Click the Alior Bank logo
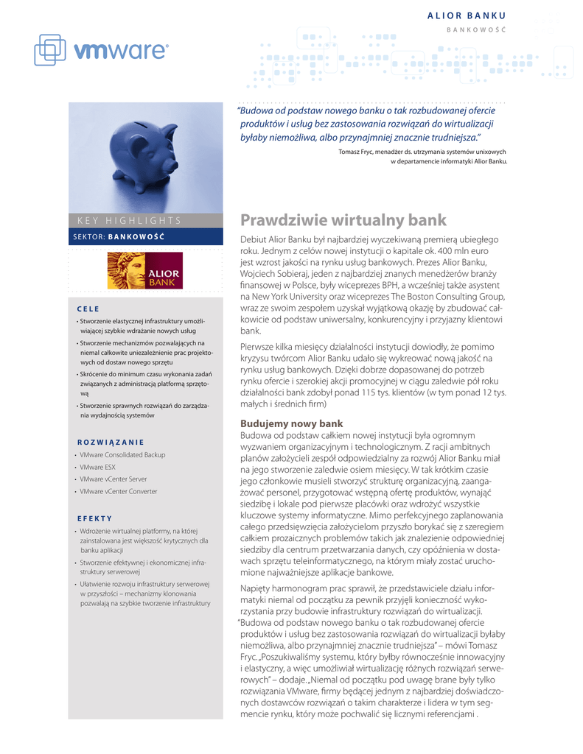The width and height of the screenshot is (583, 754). (144, 271)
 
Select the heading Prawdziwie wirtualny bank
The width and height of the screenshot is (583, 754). (343, 219)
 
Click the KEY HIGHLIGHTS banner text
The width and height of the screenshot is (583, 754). (129, 220)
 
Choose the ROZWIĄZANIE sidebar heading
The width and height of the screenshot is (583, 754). (111, 442)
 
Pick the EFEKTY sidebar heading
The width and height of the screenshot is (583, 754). (94, 518)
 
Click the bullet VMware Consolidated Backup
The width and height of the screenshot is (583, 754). (122, 455)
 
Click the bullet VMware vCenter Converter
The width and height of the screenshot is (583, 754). (118, 490)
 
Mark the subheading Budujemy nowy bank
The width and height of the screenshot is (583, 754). (291, 424)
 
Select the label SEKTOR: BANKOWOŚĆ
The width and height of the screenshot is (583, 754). (119, 237)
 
